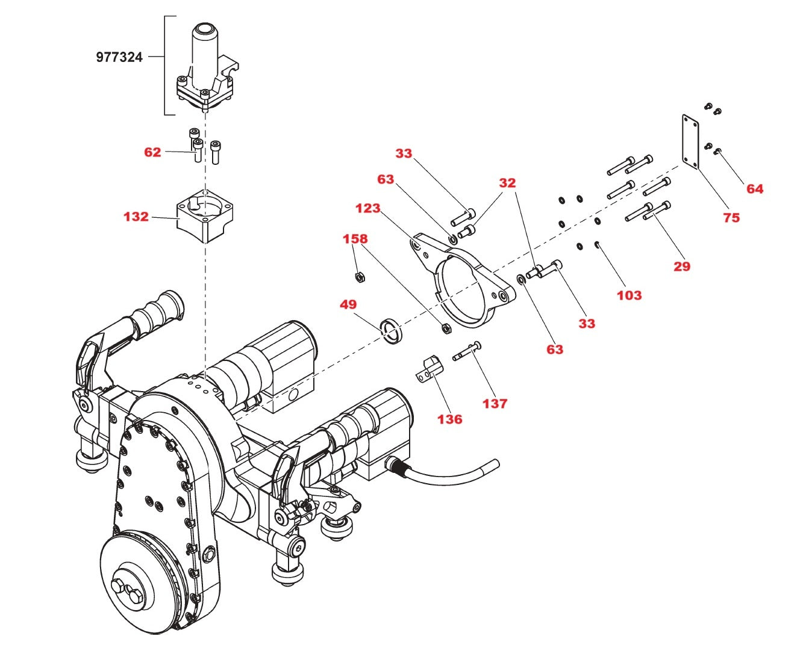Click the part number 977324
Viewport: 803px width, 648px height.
[119, 57]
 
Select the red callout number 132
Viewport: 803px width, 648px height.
[136, 217]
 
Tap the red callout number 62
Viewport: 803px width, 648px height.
[152, 152]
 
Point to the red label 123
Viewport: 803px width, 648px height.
[367, 208]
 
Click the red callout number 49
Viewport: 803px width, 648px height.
[348, 304]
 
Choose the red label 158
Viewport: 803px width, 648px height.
[355, 239]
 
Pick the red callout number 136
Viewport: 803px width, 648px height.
[449, 419]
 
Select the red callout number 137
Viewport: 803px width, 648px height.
[495, 404]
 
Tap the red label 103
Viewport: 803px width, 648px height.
[629, 295]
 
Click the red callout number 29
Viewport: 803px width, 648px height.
[681, 267]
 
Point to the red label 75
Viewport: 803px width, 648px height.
[731, 218]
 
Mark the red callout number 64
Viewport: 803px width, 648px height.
[754, 189]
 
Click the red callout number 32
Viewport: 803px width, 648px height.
[507, 183]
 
